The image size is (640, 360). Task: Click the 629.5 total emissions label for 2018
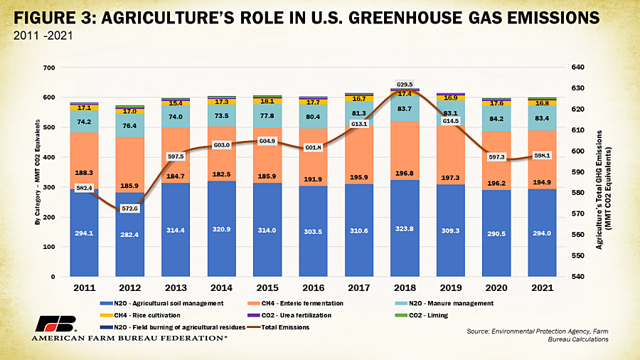(x=405, y=85)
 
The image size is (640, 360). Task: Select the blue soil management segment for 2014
(x=222, y=228)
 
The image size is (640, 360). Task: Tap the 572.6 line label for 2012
(x=130, y=208)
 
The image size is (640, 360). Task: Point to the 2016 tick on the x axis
(x=313, y=287)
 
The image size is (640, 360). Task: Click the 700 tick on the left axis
(x=49, y=68)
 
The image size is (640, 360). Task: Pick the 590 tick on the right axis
(x=577, y=172)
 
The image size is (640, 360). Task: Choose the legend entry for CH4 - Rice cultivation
(x=140, y=315)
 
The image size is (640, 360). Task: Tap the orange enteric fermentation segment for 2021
(x=542, y=159)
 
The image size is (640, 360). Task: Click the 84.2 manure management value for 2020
(x=496, y=119)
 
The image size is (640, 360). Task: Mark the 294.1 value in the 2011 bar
(x=84, y=233)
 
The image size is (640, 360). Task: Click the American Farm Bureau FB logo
(x=55, y=324)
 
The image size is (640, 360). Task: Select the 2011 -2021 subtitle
(x=43, y=36)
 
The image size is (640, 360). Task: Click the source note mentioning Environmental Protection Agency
(x=538, y=335)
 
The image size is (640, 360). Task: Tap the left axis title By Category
(x=38, y=172)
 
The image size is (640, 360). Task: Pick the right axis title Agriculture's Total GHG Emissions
(x=604, y=190)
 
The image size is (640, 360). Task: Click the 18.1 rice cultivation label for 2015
(x=267, y=101)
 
